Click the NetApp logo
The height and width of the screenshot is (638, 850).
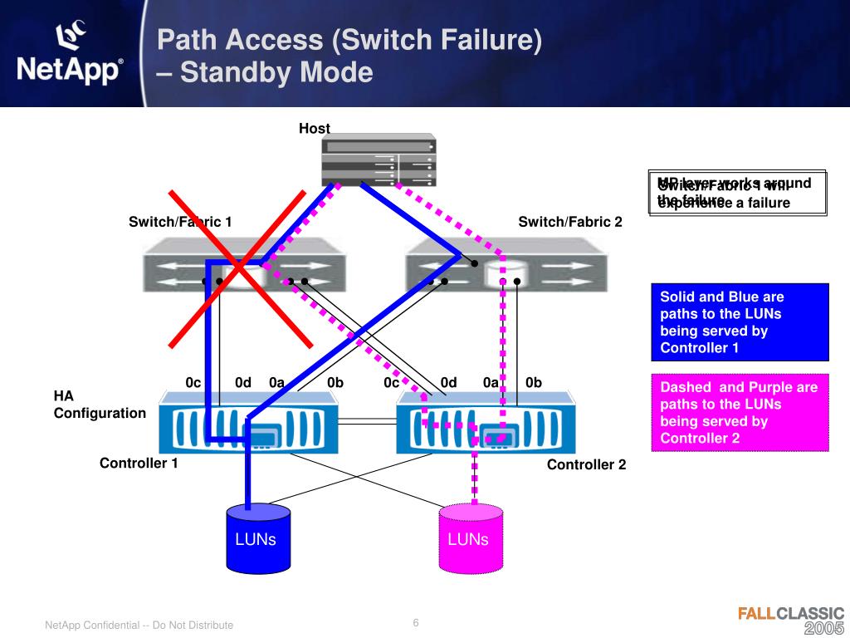pyautogui.click(x=71, y=55)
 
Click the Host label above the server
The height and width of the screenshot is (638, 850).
pyautogui.click(x=315, y=129)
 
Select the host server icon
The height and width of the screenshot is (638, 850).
pyautogui.click(x=379, y=159)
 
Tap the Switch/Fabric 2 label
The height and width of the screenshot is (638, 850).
pyautogui.click(x=569, y=222)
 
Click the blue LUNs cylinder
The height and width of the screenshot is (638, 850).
pyautogui.click(x=255, y=539)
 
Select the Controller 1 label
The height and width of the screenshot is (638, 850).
pyautogui.click(x=139, y=464)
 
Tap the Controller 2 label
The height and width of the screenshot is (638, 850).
pyautogui.click(x=586, y=465)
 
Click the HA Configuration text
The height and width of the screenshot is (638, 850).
pyautogui.click(x=100, y=405)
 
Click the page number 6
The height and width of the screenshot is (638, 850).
pyautogui.click(x=416, y=624)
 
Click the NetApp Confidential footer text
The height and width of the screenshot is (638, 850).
pyautogui.click(x=139, y=625)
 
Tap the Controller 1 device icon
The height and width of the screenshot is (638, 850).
pyautogui.click(x=248, y=423)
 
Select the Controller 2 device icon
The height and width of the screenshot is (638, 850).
pyautogui.click(x=472, y=424)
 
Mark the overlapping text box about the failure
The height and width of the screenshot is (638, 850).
pyautogui.click(x=738, y=193)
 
